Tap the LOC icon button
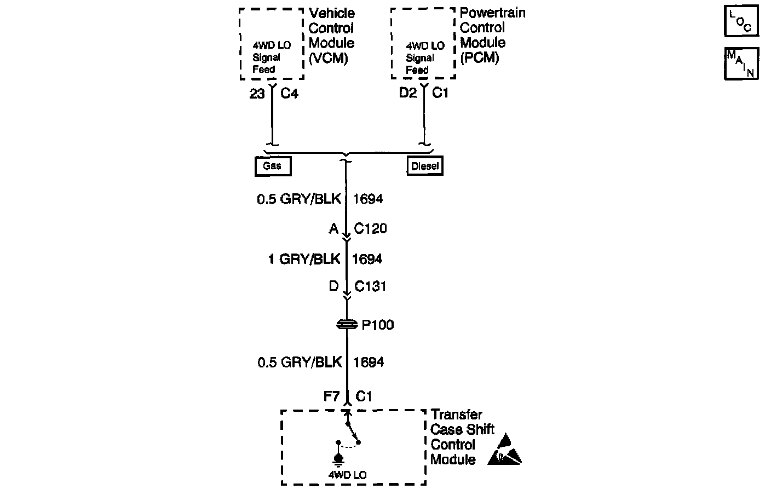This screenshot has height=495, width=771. click(741, 21)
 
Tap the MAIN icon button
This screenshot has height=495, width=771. click(741, 64)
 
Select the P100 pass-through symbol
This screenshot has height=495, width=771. click(347, 325)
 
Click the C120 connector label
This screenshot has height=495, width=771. click(371, 228)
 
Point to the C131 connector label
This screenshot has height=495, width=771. click(371, 286)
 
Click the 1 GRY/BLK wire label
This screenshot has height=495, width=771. click(304, 258)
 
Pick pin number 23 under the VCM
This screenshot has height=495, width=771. click(257, 94)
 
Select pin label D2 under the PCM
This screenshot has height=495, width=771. click(408, 94)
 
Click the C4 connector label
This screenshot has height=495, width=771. click(289, 94)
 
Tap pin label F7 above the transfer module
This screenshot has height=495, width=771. click(332, 396)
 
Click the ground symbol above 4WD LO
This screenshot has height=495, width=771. click(338, 458)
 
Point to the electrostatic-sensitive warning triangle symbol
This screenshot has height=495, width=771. click(504, 450)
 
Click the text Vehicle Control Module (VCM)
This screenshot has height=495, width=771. click(332, 36)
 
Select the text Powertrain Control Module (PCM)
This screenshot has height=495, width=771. click(491, 36)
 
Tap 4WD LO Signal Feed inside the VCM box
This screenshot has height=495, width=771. click(271, 57)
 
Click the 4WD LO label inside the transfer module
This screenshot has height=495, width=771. click(347, 475)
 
